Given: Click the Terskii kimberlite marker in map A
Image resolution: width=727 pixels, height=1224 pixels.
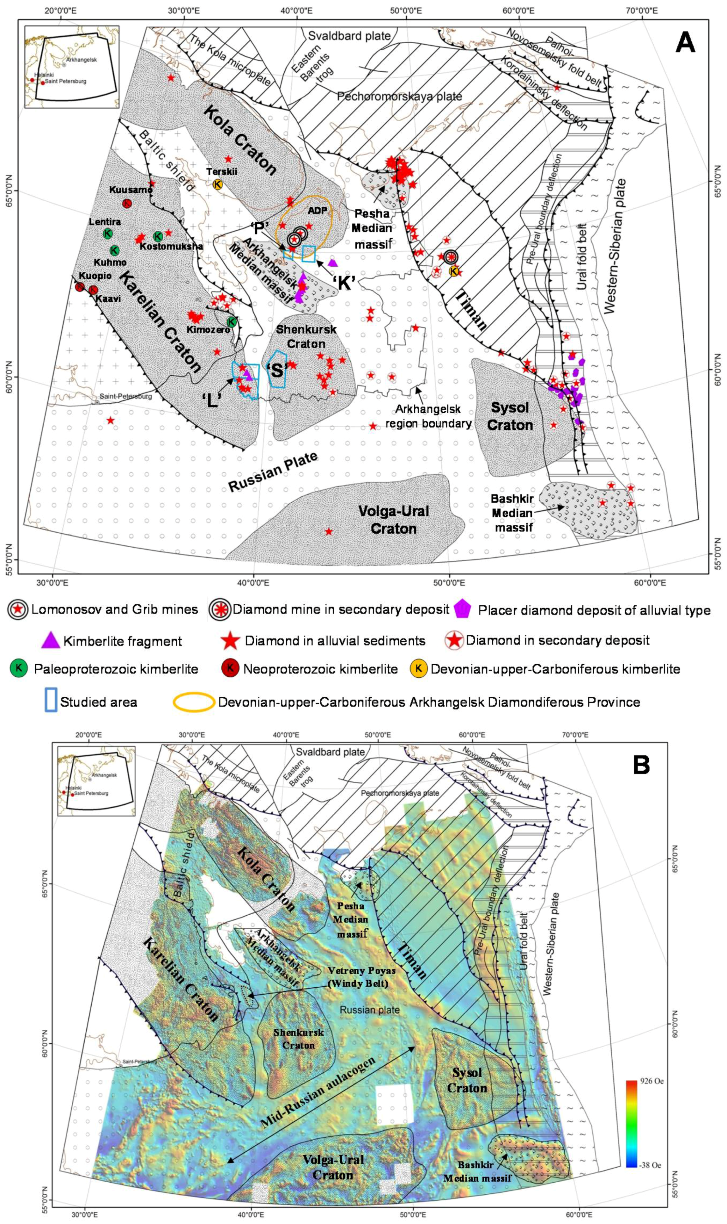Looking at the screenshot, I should pos(217,184).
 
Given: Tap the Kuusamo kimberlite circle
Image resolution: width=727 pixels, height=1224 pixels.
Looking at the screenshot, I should pos(127,203).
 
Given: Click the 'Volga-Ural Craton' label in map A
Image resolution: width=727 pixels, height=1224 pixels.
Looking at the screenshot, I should pos(394,519).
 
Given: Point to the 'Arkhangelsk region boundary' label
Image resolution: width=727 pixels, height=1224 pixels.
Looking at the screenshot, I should pos(429,416).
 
